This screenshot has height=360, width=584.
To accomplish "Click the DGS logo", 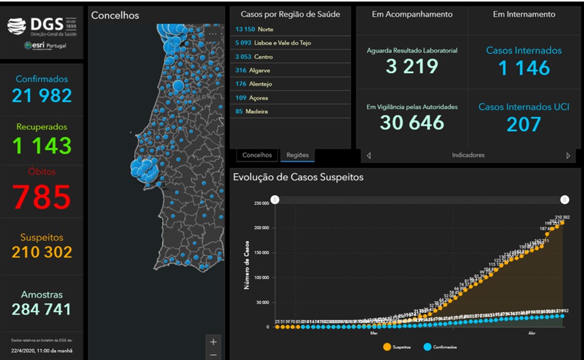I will click(42, 26).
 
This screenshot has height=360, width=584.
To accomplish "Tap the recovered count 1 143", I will click(42, 145).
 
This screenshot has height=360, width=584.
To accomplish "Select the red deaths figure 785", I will click(42, 197).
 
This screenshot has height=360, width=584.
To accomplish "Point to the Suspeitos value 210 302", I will click(42, 252).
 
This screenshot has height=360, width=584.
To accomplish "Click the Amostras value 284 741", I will click(42, 309).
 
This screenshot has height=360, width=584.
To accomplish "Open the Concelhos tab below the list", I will click(257, 155).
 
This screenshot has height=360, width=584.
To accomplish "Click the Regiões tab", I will click(297, 155).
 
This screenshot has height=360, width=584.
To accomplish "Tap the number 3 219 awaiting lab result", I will click(412, 66).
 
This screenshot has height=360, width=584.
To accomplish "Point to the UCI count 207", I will click(524, 125).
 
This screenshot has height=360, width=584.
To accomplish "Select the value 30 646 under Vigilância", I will click(412, 123).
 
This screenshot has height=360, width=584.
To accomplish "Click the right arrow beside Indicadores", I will click(568, 155).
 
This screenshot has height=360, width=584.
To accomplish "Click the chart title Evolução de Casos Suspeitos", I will click(299, 177).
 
